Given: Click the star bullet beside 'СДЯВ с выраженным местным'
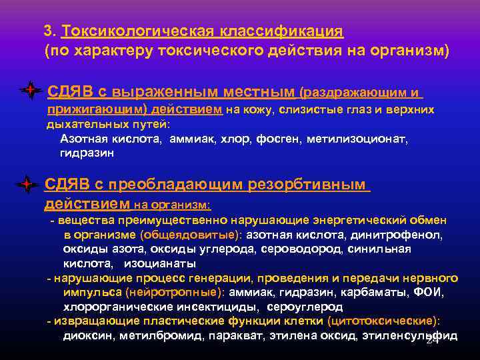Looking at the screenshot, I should click(x=29, y=91).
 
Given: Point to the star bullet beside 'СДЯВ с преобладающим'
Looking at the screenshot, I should click(x=27, y=183).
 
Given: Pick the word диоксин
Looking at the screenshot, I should click(x=89, y=336).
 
